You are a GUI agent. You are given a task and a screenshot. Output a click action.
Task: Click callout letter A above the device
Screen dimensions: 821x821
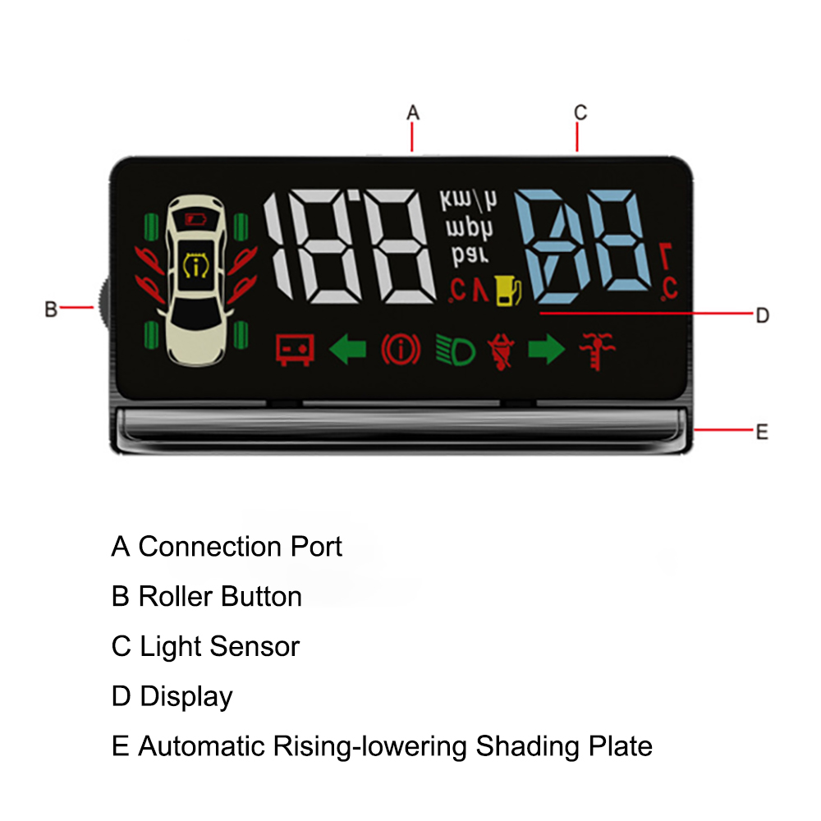pyautogui.click(x=413, y=112)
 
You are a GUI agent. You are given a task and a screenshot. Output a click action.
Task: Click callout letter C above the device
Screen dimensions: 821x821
pyautogui.click(x=580, y=112)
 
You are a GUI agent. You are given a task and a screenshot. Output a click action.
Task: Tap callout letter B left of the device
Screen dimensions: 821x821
pyautogui.click(x=51, y=310)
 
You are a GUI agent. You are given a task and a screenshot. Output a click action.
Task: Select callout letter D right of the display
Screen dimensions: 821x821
pyautogui.click(x=762, y=315)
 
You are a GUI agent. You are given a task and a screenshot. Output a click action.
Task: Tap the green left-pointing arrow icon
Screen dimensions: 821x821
pyautogui.click(x=347, y=351)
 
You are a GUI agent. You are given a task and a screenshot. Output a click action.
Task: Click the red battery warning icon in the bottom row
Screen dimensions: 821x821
pyautogui.click(x=295, y=351)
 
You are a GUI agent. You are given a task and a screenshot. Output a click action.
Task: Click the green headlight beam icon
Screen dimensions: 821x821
pyautogui.click(x=456, y=351)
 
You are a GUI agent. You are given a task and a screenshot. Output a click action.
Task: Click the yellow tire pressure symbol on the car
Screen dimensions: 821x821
pyautogui.click(x=195, y=267)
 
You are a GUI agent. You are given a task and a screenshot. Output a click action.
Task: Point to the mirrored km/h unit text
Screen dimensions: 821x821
pyautogui.click(x=468, y=201)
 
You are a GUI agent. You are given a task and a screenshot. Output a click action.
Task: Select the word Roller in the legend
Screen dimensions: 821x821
pyautogui.click(x=174, y=597)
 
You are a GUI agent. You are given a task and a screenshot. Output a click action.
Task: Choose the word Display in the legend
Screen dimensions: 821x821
pyautogui.click(x=186, y=697)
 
